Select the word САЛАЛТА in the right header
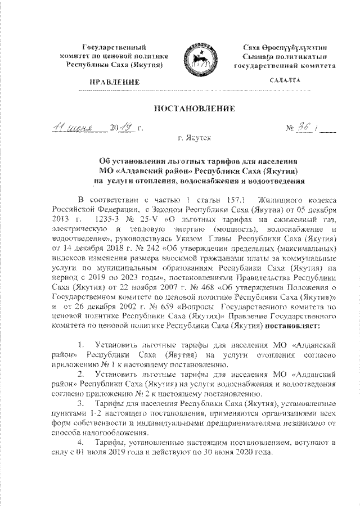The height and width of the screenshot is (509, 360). click(x=285, y=81)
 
